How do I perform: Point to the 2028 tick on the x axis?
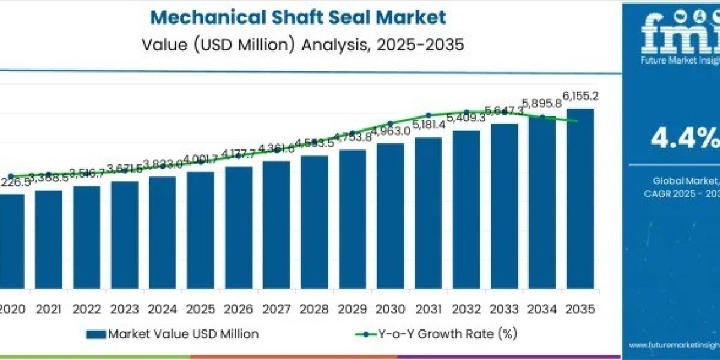(314, 309)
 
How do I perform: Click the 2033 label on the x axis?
(504, 309)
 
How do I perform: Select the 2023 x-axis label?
(124, 309)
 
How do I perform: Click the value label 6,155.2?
(580, 96)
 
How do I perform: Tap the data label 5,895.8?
(542, 103)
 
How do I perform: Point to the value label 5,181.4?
(428, 125)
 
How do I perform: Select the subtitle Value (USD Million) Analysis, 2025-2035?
(303, 45)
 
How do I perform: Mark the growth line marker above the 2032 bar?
(466, 112)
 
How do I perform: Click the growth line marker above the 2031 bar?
(428, 115)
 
